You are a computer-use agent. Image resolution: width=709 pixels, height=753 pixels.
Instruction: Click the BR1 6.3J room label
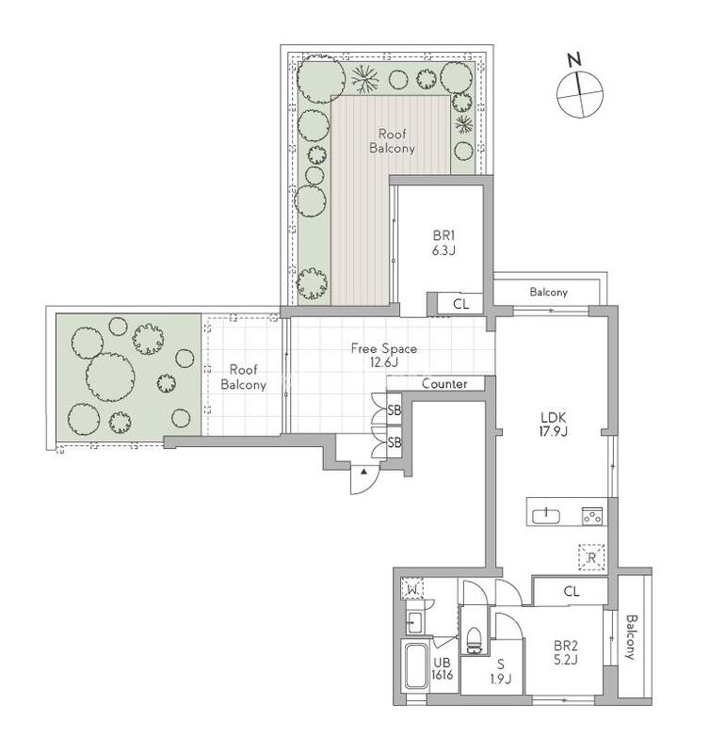(443, 243)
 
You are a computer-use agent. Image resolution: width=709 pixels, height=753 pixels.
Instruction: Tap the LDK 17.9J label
(554, 425)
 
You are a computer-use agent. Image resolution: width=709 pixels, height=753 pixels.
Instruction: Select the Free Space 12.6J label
(384, 355)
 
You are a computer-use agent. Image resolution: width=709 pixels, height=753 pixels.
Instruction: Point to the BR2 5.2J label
(565, 652)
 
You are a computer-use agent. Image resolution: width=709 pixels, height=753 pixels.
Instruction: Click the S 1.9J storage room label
(501, 671)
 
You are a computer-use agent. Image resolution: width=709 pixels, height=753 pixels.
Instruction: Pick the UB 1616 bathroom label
(442, 668)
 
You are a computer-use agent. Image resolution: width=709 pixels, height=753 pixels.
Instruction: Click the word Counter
(444, 384)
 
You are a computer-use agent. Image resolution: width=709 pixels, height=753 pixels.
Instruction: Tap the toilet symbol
(474, 640)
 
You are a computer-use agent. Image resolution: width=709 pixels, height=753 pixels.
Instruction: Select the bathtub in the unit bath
(416, 666)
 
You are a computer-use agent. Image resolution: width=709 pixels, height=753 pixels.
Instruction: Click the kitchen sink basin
(546, 516)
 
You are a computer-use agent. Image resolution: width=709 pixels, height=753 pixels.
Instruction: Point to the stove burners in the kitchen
(592, 516)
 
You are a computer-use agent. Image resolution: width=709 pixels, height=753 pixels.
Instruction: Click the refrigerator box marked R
(591, 557)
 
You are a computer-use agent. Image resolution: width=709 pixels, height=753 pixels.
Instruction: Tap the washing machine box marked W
(412, 588)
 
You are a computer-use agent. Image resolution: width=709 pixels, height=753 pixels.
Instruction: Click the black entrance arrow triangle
(364, 472)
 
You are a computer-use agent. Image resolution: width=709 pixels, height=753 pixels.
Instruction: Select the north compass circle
(580, 94)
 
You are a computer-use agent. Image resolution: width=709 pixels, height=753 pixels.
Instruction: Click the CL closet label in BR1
(460, 304)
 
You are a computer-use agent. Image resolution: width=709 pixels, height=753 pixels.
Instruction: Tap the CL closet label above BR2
(572, 591)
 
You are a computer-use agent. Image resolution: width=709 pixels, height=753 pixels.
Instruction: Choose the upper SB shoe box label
(394, 410)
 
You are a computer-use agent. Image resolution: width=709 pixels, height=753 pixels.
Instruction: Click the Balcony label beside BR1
(549, 292)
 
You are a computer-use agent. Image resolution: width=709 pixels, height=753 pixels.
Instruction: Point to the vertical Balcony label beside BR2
(630, 637)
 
